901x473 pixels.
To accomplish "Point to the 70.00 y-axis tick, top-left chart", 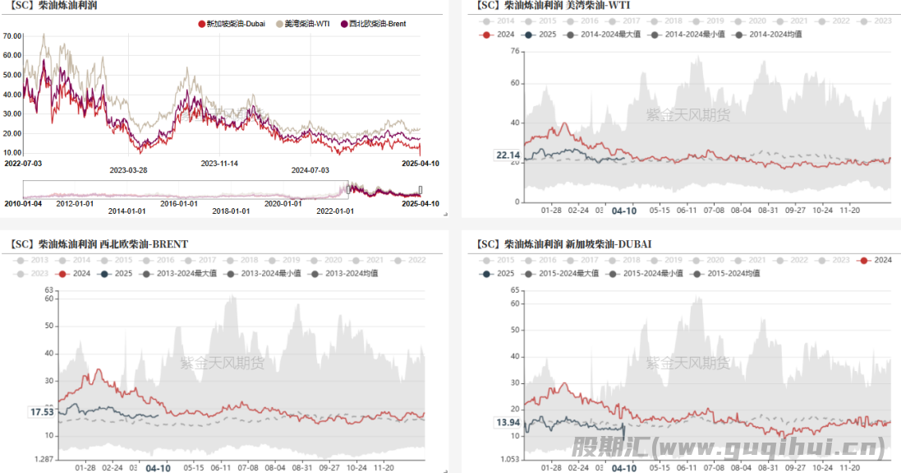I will coord(12,36).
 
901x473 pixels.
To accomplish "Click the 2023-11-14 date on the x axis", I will coord(219,163).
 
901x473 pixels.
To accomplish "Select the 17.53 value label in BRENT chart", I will coord(42,412).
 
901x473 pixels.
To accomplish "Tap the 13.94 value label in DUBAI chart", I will coord(508,423).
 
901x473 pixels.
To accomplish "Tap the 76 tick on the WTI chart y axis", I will coord(515,51).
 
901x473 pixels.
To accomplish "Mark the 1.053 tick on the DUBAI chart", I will coord(510,458).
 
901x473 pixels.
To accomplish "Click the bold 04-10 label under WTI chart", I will coord(624,211).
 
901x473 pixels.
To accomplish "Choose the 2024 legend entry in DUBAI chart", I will coord(876,260).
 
